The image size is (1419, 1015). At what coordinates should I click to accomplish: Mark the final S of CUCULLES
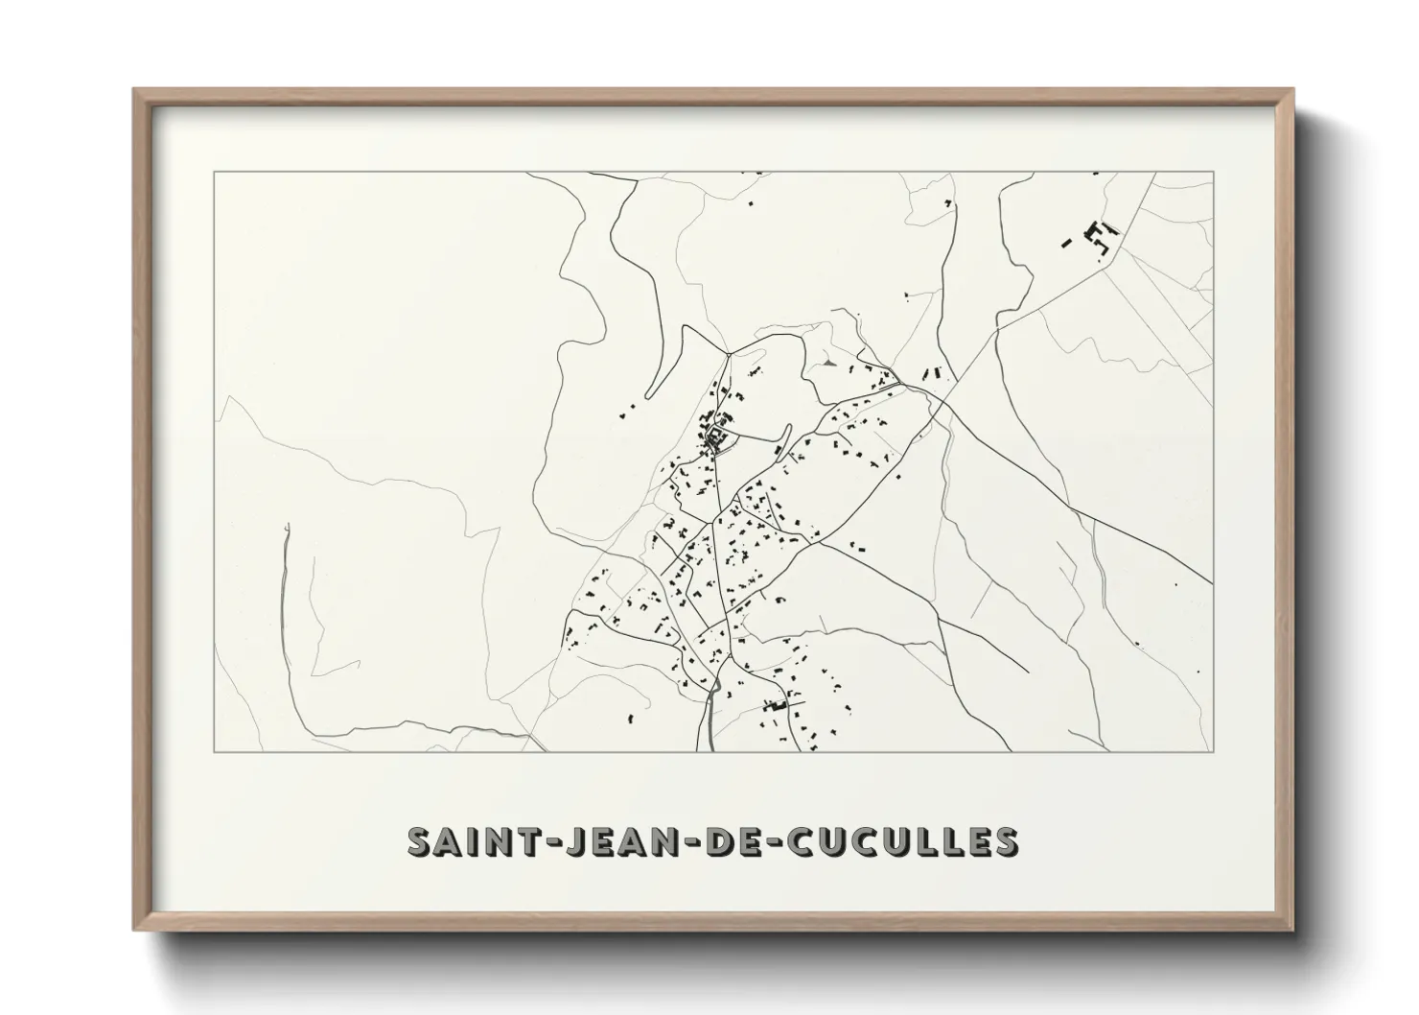coord(1005,841)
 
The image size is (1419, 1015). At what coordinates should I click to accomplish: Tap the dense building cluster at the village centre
coord(716,440)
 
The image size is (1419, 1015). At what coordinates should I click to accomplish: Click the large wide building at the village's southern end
coord(774,705)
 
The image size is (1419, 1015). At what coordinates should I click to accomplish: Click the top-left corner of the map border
coord(215,172)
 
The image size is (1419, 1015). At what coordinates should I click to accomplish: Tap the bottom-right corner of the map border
coord(1214,752)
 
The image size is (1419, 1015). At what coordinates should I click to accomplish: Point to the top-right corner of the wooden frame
coord(1293,89)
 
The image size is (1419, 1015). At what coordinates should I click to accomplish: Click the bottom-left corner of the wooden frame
coord(133,931)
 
